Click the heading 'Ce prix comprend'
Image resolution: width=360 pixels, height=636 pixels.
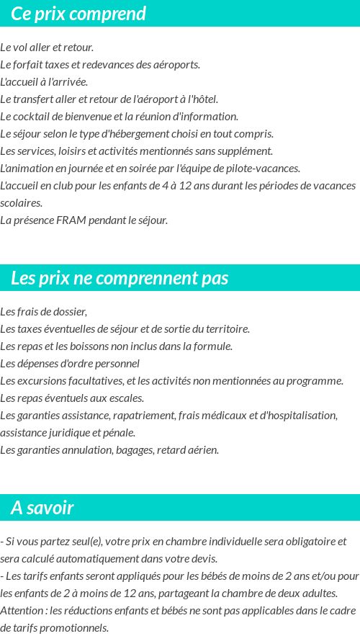point(78,14)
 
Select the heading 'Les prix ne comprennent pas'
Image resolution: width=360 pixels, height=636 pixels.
point(120,279)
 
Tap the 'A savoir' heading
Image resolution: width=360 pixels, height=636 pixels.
point(42,508)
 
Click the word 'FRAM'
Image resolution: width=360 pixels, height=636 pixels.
point(71,220)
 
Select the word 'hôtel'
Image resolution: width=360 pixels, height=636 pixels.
point(204,99)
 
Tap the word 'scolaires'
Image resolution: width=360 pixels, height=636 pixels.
point(21,203)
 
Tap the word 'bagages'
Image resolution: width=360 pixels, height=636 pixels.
point(158,450)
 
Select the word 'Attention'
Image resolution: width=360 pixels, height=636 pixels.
point(22,611)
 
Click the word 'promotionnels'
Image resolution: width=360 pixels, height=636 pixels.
point(74,628)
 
